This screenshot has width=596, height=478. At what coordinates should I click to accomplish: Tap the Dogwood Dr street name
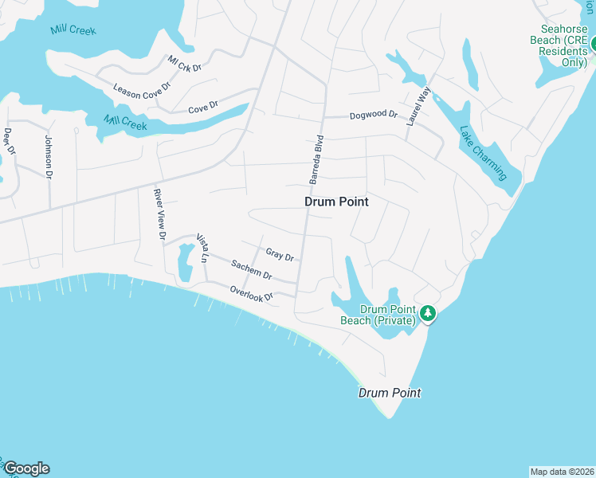click(373, 116)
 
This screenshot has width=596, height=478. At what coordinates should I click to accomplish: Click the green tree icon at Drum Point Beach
click(429, 313)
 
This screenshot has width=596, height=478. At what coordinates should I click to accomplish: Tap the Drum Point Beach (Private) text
click(388, 315)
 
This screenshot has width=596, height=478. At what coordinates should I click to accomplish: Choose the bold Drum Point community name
click(336, 202)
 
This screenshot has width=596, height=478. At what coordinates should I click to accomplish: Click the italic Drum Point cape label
click(389, 393)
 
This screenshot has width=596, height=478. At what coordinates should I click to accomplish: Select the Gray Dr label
click(280, 255)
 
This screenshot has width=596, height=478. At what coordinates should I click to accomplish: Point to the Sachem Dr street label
click(252, 270)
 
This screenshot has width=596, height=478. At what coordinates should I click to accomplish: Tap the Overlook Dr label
click(252, 292)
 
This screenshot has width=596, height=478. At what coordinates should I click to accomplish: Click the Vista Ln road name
click(202, 249)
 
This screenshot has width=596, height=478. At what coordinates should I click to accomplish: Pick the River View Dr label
click(159, 214)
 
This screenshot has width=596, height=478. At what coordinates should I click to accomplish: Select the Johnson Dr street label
click(49, 156)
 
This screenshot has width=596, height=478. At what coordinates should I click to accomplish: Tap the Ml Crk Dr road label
click(185, 63)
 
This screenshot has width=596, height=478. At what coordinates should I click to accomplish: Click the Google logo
click(26, 468)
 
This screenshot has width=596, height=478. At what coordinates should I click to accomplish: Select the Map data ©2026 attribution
click(562, 471)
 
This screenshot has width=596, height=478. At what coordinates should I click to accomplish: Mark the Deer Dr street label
click(10, 141)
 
